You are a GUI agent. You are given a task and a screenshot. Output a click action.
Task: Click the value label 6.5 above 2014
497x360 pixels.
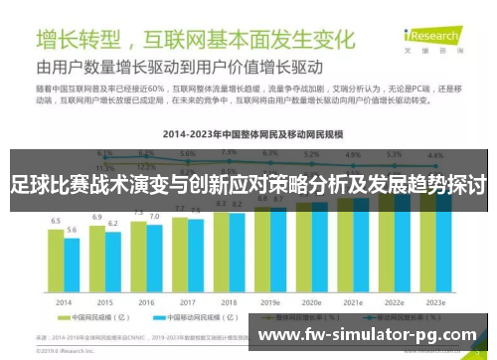56,220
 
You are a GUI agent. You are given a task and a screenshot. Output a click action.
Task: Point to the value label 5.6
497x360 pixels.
72,230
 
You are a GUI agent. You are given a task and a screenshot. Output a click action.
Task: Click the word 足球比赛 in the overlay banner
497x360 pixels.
42,185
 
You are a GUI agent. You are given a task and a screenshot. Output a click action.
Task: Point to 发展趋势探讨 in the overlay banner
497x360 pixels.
435,185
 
